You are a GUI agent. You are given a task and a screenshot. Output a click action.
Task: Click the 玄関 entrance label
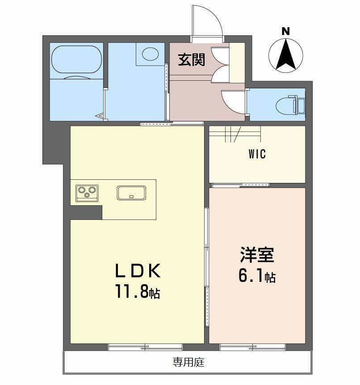tap(191, 60)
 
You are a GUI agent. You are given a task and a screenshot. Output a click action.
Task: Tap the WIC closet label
tap(257, 154)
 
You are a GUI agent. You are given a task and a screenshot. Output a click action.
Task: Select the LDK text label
tap(138, 270)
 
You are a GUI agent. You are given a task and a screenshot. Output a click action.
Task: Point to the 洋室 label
tap(257, 255)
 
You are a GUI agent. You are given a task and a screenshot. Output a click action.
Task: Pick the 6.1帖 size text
tap(257, 276)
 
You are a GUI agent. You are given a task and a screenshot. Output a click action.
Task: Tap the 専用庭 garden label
tap(188, 362)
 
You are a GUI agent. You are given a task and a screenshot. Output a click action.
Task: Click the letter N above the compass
tap(285, 31)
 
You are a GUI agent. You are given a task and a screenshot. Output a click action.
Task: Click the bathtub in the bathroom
tap(76, 59)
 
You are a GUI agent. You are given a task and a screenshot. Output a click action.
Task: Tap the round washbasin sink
tap(150, 54)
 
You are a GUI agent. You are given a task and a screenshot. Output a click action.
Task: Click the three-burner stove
tap(87, 193)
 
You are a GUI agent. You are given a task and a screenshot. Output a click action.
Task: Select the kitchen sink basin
tap(131, 193)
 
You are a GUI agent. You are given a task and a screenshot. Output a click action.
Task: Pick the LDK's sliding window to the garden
tap(145, 347)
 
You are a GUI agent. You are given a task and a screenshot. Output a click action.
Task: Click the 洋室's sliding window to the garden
tap(252, 347)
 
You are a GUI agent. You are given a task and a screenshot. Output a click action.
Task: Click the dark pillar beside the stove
tap(86, 213)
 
